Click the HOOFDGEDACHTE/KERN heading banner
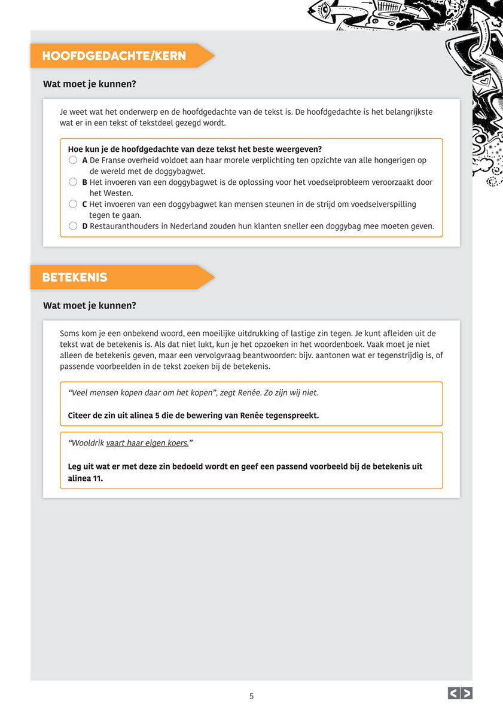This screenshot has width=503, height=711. click(114, 56)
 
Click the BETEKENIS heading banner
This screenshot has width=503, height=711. click(75, 277)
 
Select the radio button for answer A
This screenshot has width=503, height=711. click(73, 160)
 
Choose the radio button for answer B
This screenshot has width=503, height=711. click(73, 182)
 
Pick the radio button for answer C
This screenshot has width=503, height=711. click(73, 204)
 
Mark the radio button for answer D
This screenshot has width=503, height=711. click(73, 226)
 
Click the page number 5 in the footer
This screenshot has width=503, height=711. click(251, 696)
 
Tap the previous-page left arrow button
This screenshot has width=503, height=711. click(453, 693)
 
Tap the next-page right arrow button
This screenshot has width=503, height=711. click(467, 693)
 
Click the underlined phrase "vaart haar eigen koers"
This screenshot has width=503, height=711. click(147, 443)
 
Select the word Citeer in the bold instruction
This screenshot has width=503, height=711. click(81, 416)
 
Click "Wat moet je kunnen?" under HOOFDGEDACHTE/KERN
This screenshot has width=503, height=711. click(90, 84)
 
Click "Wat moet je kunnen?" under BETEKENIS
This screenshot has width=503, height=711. click(90, 306)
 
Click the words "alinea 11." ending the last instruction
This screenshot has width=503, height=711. click(86, 478)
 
